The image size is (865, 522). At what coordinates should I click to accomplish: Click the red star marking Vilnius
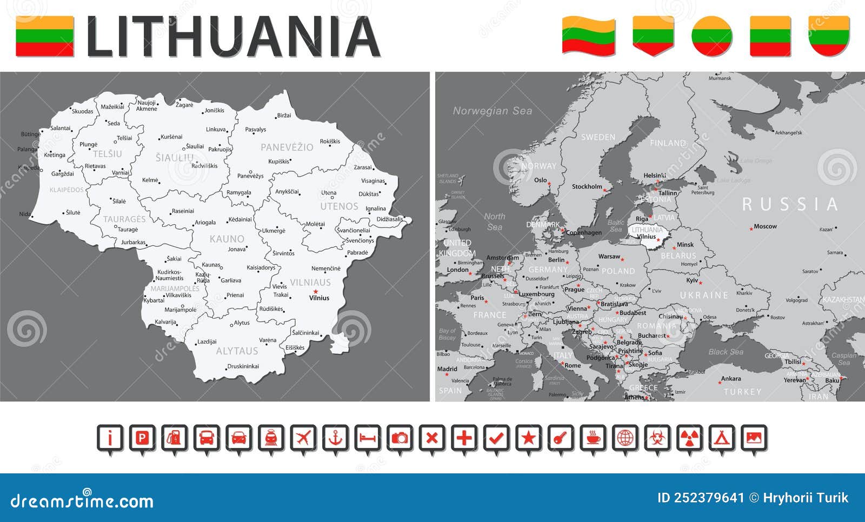coord(316,292)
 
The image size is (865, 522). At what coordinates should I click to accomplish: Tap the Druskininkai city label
coord(243,366)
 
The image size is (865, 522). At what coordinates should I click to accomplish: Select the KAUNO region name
coord(227,239)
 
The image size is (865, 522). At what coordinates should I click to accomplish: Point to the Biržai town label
coord(284,116)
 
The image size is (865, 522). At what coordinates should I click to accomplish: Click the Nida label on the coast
coord(25,214)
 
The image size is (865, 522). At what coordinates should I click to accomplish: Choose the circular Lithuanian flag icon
coord(712,36)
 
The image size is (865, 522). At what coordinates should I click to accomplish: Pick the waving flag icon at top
coord(588,36)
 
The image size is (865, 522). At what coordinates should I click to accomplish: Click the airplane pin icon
coord(303,438)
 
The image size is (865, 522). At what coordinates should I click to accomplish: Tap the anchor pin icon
coord(336,438)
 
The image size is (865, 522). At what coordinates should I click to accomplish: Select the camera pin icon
coord(400,438)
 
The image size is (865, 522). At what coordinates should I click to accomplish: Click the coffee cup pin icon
coord(593,438)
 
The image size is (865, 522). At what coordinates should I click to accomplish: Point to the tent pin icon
coord(722,438)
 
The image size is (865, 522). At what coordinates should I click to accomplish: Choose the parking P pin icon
coord(142,438)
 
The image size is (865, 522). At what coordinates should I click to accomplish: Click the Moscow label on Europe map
coord(766,226)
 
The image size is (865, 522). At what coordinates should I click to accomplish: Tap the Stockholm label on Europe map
coord(587,186)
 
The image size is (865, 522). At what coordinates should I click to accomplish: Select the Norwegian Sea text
coord(493,111)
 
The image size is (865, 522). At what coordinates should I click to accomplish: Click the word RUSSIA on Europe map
coord(790,204)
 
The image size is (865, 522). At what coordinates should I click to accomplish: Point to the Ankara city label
coord(731,379)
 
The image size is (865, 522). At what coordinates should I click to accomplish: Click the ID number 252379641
coord(701,498)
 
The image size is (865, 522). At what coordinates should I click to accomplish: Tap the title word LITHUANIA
coord(234,37)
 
